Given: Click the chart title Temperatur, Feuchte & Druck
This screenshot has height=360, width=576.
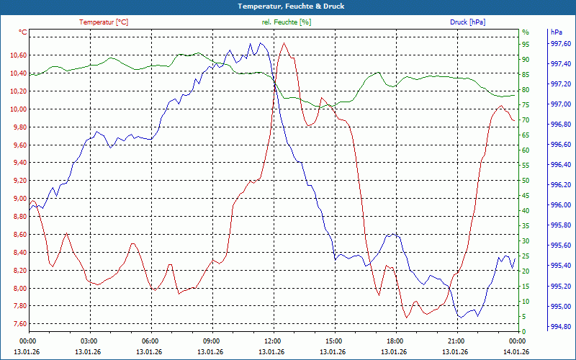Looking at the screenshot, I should point(287,6).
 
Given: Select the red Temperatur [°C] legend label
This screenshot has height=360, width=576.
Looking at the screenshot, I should point(104,22).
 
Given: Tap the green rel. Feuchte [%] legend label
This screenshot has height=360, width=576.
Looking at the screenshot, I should point(287,22).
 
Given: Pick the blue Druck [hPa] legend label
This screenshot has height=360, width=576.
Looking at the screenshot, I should point(467,22).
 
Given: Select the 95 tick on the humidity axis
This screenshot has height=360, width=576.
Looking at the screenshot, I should point(526,45).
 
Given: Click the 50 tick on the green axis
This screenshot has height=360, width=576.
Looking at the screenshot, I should point(526,181).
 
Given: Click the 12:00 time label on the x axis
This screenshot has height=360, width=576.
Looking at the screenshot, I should point(272,341).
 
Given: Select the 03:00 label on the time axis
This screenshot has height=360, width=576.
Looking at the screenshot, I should point(89,341).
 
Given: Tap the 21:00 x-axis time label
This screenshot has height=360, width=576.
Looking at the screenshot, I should point(456,341).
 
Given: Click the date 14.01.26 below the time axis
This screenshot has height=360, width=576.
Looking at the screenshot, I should point(516,351).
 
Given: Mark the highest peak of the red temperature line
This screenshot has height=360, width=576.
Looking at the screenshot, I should point(284,43).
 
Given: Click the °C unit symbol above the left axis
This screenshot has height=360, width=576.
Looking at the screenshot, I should point(23,32).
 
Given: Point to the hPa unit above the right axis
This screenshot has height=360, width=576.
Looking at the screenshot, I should point(557,32).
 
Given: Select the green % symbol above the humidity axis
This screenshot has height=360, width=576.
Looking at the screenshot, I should point(526,32).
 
